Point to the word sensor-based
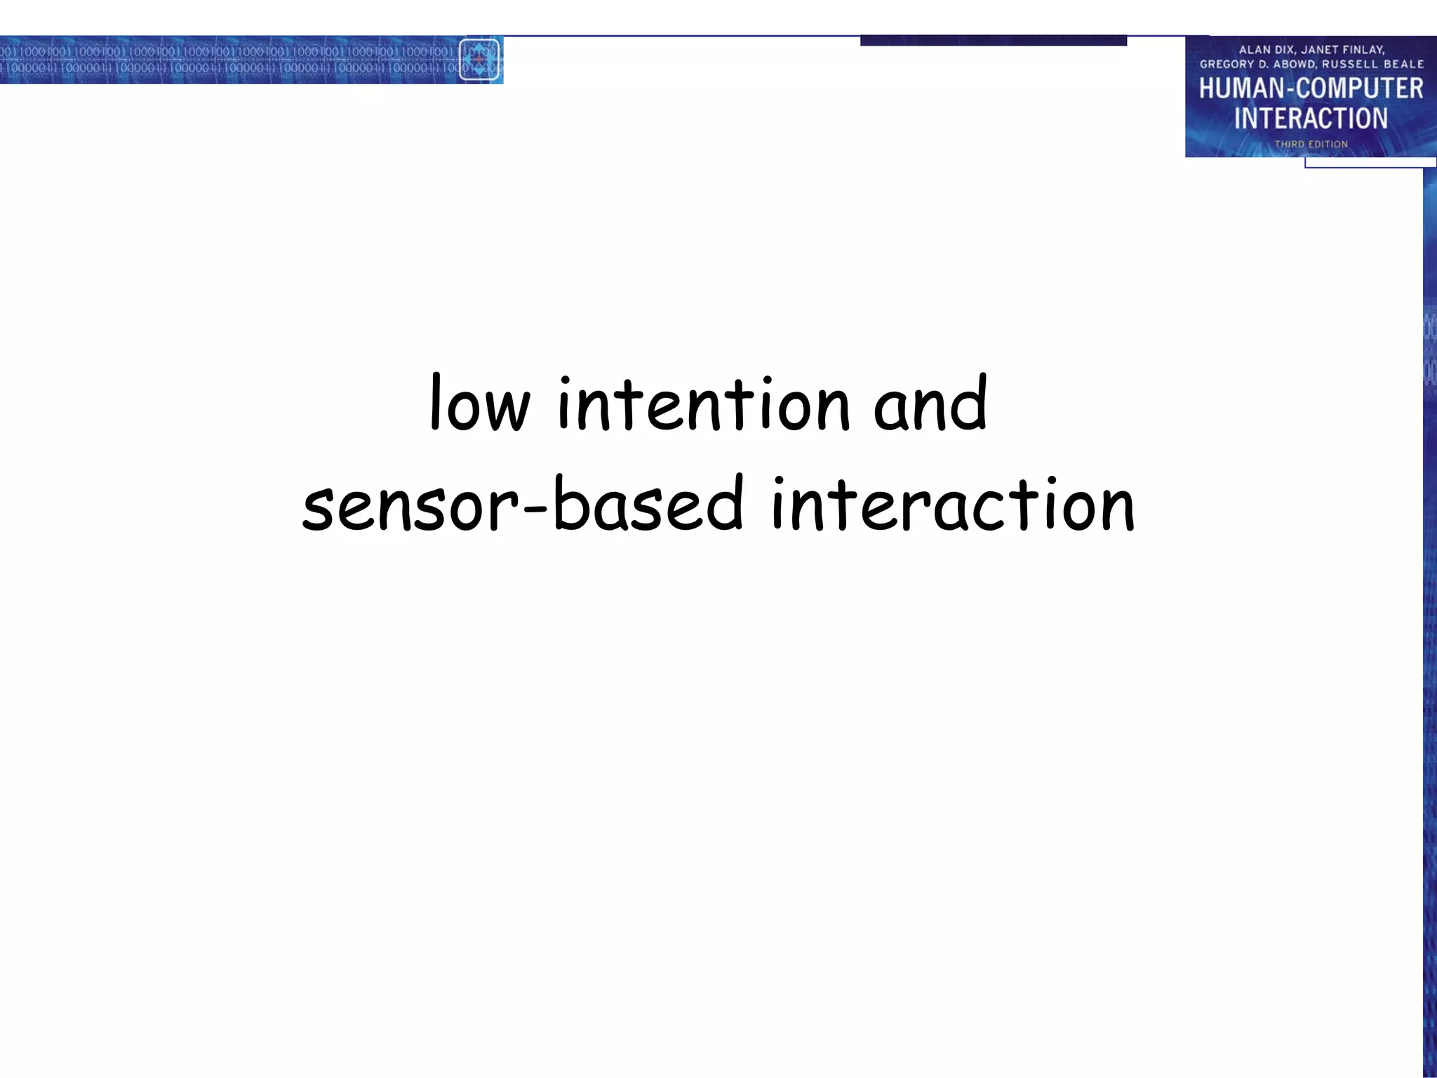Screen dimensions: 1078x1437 click(522, 504)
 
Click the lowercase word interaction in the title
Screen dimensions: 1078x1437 click(952, 504)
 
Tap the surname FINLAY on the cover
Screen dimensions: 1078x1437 click(1363, 50)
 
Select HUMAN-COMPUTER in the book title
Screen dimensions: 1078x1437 click(1311, 89)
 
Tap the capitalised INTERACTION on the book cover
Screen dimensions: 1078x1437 click(1311, 119)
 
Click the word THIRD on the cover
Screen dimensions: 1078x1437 click(1289, 145)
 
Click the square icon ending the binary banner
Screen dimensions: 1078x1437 click(480, 60)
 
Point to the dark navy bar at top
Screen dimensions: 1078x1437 click(993, 41)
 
